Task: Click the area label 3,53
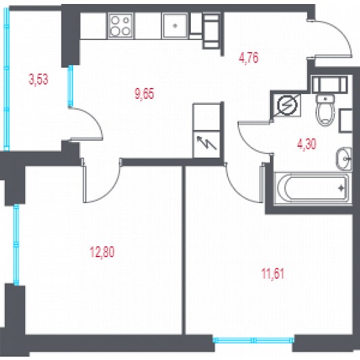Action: point(39,79)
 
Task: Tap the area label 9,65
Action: point(144,93)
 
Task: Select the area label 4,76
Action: point(248,58)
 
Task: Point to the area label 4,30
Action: point(307,144)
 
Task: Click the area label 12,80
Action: point(102,252)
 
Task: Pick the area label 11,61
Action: point(273,273)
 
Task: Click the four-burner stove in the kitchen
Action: point(120,26)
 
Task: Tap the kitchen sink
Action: point(175,26)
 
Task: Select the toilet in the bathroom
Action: point(325,110)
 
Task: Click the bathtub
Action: point(313,188)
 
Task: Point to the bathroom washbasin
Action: point(344,158)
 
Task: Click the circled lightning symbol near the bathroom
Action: point(287,106)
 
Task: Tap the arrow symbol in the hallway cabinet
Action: point(207,143)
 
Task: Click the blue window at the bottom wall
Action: point(253,340)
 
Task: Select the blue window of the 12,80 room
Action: point(16,245)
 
